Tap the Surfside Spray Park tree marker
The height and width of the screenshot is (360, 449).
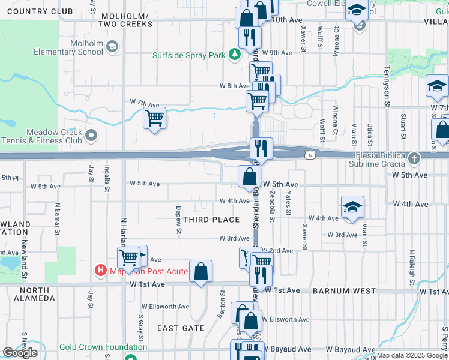[x=235, y=55]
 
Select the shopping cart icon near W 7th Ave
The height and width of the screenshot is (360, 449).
[x=155, y=118]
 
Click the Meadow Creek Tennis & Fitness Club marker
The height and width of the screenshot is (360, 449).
[x=91, y=136]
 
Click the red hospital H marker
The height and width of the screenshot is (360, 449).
[x=100, y=271]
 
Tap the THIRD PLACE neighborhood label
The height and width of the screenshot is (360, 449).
[x=211, y=220]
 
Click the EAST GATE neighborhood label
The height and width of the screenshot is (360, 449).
[x=181, y=328]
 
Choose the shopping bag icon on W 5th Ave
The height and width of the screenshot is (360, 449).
[x=249, y=176]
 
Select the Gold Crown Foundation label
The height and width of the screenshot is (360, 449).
[x=103, y=347]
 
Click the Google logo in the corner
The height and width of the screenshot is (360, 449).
[x=20, y=353]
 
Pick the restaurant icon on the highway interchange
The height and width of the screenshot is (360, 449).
[x=261, y=148]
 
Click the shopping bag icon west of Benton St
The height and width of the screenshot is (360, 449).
[x=201, y=271]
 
